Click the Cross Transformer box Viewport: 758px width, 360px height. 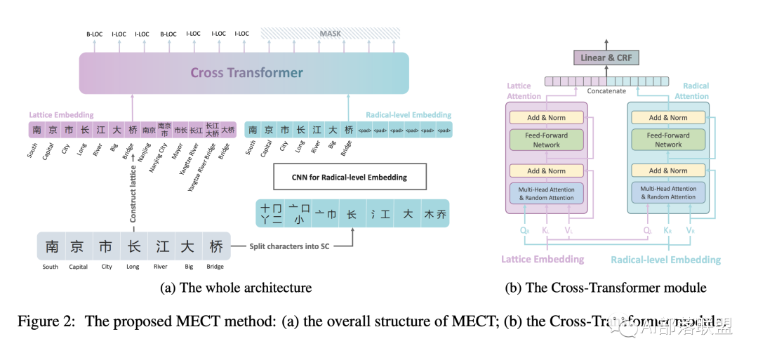pyautogui.click(x=244, y=73)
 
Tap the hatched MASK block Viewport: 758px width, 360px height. pyautogui.click(x=330, y=33)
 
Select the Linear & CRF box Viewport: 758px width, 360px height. pyautogui.click(x=606, y=58)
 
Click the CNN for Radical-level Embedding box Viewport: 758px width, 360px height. pyautogui.click(x=349, y=178)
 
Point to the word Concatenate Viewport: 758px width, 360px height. pyautogui.click(x=606, y=91)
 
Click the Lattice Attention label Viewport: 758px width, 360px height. pyautogui.click(x=524, y=91)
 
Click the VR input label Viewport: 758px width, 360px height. pyautogui.click(x=691, y=229)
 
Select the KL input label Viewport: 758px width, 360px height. pyautogui.click(x=546, y=229)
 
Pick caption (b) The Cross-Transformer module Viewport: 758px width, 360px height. pyautogui.click(x=606, y=288)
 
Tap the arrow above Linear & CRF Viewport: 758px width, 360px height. pyautogui.click(x=606, y=44)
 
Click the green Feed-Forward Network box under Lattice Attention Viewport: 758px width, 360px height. pyautogui.click(x=546, y=140)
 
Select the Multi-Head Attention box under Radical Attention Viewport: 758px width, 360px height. pyautogui.click(x=667, y=192)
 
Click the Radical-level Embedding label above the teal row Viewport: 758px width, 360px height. pyautogui.click(x=408, y=115)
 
